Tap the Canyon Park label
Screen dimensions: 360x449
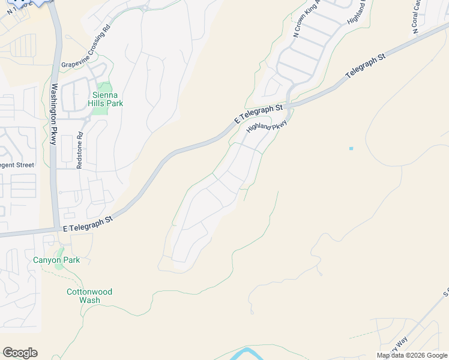pyautogui.click(x=56, y=260)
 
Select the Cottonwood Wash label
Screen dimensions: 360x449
pyautogui.click(x=89, y=296)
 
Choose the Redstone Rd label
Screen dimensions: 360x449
pyautogui.click(x=79, y=151)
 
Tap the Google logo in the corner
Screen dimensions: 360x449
pyautogui.click(x=20, y=353)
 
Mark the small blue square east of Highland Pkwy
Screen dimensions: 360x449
pyautogui.click(x=351, y=148)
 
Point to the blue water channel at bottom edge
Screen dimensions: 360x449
pyautogui.click(x=246, y=352)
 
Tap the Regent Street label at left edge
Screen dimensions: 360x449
pyautogui.click(x=17, y=164)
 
